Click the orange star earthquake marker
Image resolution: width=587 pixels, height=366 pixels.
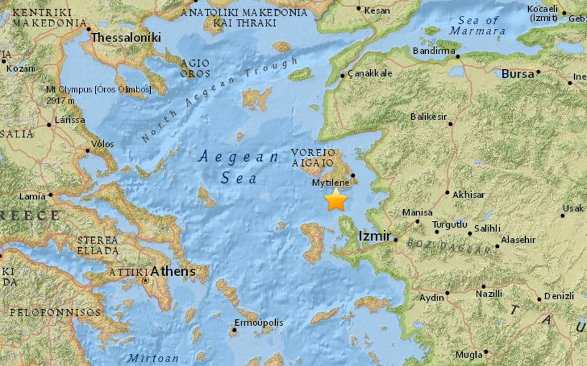click(336, 200)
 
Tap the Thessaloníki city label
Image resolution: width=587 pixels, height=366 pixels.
click(126, 38)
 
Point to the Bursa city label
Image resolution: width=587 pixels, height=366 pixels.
click(518, 74)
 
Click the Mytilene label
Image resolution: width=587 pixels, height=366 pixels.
click(331, 182)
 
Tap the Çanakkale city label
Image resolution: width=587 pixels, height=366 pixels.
click(370, 73)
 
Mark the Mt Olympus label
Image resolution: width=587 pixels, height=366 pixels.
click(98, 90)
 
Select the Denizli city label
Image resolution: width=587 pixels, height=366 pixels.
click(559, 296)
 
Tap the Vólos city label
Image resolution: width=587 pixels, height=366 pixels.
click(102, 144)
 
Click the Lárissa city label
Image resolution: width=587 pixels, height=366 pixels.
click(69, 120)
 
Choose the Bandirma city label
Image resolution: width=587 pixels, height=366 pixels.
click(433, 50)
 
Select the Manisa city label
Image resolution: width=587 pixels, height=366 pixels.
click(417, 212)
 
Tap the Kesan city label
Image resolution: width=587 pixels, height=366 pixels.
click(376, 10)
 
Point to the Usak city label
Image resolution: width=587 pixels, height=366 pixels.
click(573, 208)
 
